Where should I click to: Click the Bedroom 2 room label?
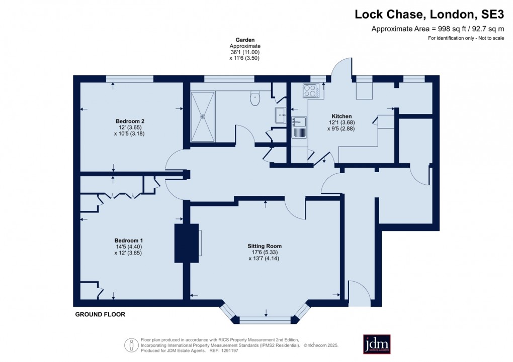130,121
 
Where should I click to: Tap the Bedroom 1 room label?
128,240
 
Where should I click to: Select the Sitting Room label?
265,246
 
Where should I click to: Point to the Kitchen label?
341,116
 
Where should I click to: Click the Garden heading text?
245,40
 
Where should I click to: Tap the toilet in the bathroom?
255,98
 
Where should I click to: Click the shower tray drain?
203,116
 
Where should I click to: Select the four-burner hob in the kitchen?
311,90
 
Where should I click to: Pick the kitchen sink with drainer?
299,127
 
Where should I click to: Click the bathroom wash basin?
280,115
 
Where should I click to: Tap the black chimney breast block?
187,243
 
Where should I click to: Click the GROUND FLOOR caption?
100,314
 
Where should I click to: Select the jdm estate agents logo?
377,344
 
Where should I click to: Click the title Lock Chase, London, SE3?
429,15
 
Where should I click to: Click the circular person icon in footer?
132,345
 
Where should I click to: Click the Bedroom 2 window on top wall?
130,79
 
